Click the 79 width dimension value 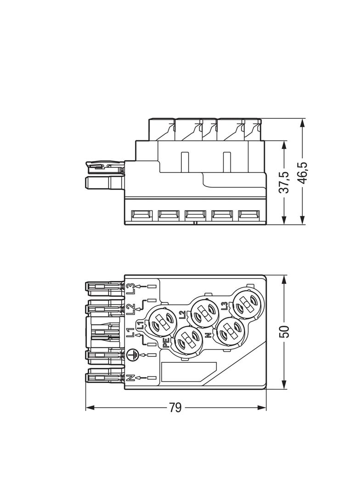click(x=175, y=408)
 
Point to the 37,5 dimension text click(x=284, y=183)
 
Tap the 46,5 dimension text click(x=303, y=173)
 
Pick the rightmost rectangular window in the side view click(x=248, y=214)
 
